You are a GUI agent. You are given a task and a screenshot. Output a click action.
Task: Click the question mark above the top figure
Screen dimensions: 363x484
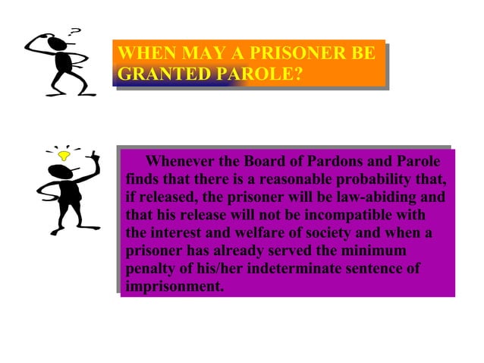click(x=74, y=31)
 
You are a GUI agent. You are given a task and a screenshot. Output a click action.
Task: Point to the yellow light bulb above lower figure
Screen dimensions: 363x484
click(x=64, y=156)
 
